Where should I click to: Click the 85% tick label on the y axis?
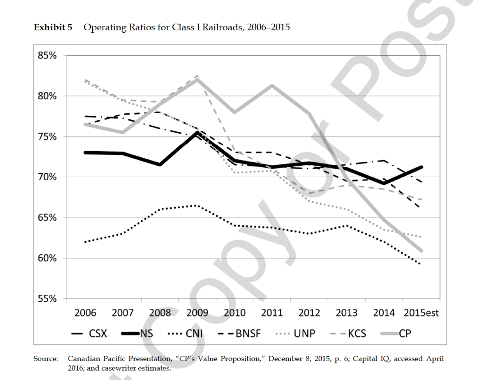[x=47, y=55]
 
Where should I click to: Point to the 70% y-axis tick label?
[x=47, y=177]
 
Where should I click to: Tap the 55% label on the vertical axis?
[x=47, y=299]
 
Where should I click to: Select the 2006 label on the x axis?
[x=85, y=313]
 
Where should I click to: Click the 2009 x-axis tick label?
[x=198, y=313]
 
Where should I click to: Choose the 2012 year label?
[x=309, y=313]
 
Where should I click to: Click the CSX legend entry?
[x=98, y=334]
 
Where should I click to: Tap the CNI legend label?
[x=194, y=334]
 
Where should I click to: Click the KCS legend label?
[x=357, y=334]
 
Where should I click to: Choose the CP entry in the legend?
[x=405, y=334]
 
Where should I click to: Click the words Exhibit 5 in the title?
[x=53, y=27]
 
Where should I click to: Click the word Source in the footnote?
[x=45, y=360]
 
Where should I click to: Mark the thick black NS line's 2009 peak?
[x=198, y=133]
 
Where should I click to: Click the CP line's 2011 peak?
[x=272, y=85]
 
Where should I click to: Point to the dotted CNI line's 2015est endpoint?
[x=421, y=264]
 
